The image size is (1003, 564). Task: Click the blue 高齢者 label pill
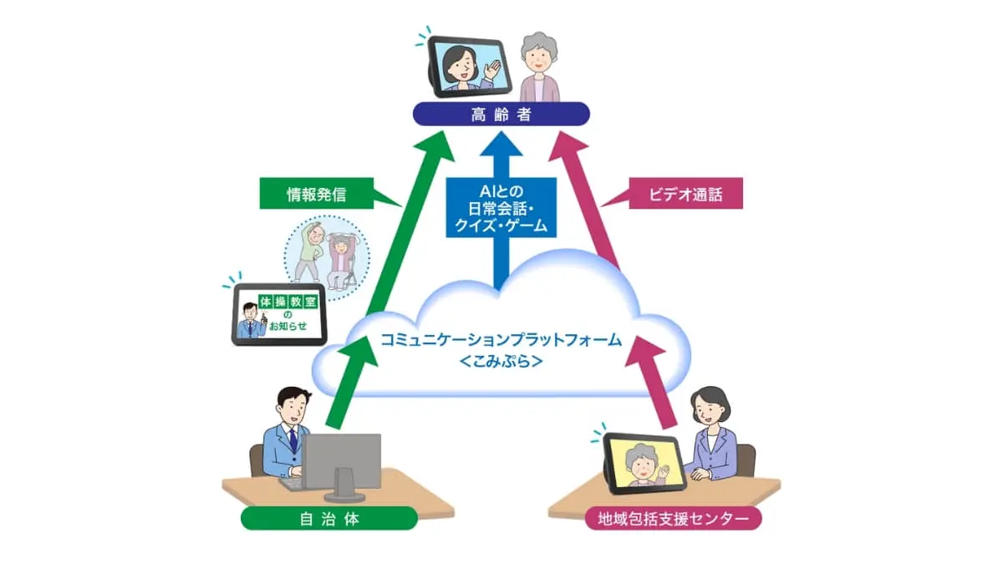pos(501,114)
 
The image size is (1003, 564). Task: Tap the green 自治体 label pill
pos(329,518)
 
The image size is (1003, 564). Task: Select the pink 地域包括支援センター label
pos(673,518)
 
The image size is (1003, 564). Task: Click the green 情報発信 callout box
pos(317,193)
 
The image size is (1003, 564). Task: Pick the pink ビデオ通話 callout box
pos(685,193)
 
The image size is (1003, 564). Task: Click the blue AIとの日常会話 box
pos(501,208)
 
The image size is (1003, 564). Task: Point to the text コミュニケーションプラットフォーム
pos(501,340)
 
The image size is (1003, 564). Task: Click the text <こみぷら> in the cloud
pos(501,361)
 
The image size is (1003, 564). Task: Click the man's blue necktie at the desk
pos(293,440)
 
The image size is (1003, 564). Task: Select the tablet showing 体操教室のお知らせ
pos(279,315)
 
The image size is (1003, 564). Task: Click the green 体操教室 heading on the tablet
pos(288,302)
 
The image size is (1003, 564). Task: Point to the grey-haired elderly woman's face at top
pos(539,59)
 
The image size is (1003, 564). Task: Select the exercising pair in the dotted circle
pos(327,257)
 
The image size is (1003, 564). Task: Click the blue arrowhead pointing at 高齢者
pos(501,143)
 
